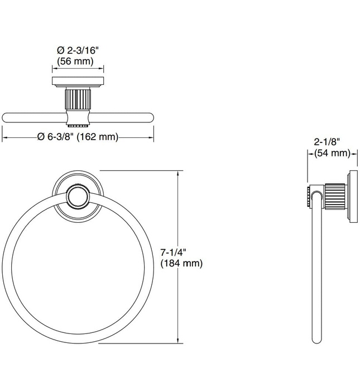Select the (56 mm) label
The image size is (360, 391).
[x=78, y=61]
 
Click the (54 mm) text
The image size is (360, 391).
[x=332, y=152]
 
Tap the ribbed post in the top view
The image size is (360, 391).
[x=78, y=99]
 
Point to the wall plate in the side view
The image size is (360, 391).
[x=352, y=197]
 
